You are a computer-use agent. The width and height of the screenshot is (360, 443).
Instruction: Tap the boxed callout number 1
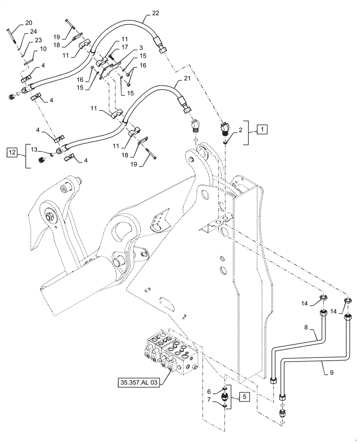[262, 130]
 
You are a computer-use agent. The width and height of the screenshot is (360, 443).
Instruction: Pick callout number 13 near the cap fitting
[34, 149]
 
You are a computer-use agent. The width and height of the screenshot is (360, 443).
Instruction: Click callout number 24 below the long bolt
[33, 31]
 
